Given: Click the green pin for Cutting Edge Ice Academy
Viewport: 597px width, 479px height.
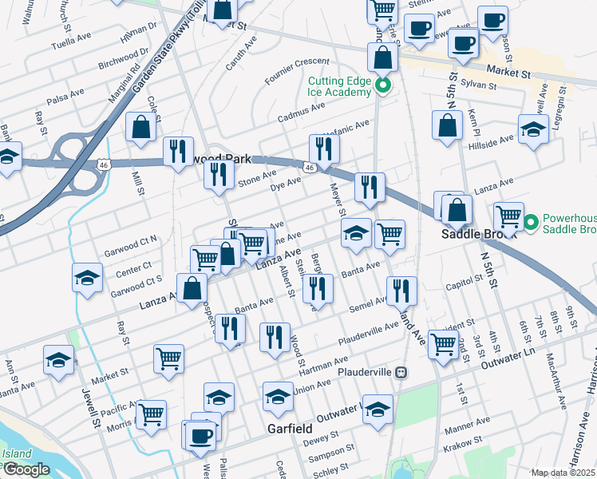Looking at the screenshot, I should point(383,86).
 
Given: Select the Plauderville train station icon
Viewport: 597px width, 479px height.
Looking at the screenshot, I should point(402,372).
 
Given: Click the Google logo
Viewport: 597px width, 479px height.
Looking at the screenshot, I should point(26,469).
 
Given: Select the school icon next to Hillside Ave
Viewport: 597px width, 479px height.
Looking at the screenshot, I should point(533,129).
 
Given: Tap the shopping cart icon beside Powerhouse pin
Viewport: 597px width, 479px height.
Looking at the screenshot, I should point(508,216).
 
